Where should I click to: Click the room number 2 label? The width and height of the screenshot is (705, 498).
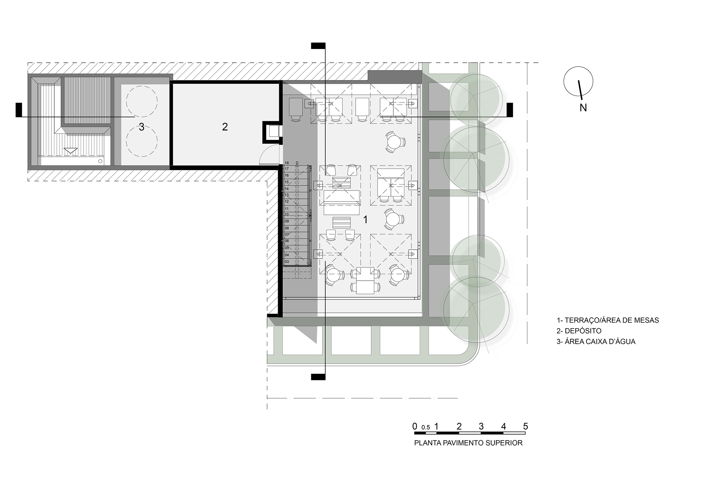(225, 127)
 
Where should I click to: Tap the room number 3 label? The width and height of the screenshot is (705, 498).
(141, 127)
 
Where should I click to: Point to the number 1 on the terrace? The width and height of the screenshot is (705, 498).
(366, 220)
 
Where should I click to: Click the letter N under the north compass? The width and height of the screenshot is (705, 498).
(583, 108)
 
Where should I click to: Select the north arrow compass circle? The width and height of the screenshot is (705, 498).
(578, 81)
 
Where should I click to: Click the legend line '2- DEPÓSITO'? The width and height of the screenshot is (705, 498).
(579, 331)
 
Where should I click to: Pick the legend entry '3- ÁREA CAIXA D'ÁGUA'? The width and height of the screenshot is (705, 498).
(596, 342)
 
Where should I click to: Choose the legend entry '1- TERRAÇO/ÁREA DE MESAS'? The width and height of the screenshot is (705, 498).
(608, 320)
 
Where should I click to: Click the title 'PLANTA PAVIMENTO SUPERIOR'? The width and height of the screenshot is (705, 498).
(468, 443)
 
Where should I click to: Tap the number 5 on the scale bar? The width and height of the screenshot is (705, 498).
(525, 427)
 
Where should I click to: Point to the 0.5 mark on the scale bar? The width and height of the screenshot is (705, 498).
(425, 428)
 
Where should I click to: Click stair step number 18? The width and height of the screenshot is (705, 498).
(287, 163)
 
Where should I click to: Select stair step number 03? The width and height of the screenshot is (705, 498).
(287, 262)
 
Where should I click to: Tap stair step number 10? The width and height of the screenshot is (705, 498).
(287, 214)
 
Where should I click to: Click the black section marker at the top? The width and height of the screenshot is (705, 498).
(318, 45)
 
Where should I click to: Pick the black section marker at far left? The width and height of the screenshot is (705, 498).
(19, 110)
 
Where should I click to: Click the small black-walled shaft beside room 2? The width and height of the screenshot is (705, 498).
(272, 132)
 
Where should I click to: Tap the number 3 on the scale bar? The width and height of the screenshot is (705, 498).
(481, 427)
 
